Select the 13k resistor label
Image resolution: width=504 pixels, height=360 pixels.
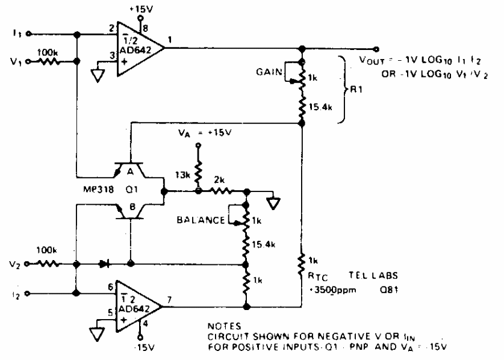click(x=181, y=175)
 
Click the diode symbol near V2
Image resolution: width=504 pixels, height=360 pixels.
click(x=107, y=264)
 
